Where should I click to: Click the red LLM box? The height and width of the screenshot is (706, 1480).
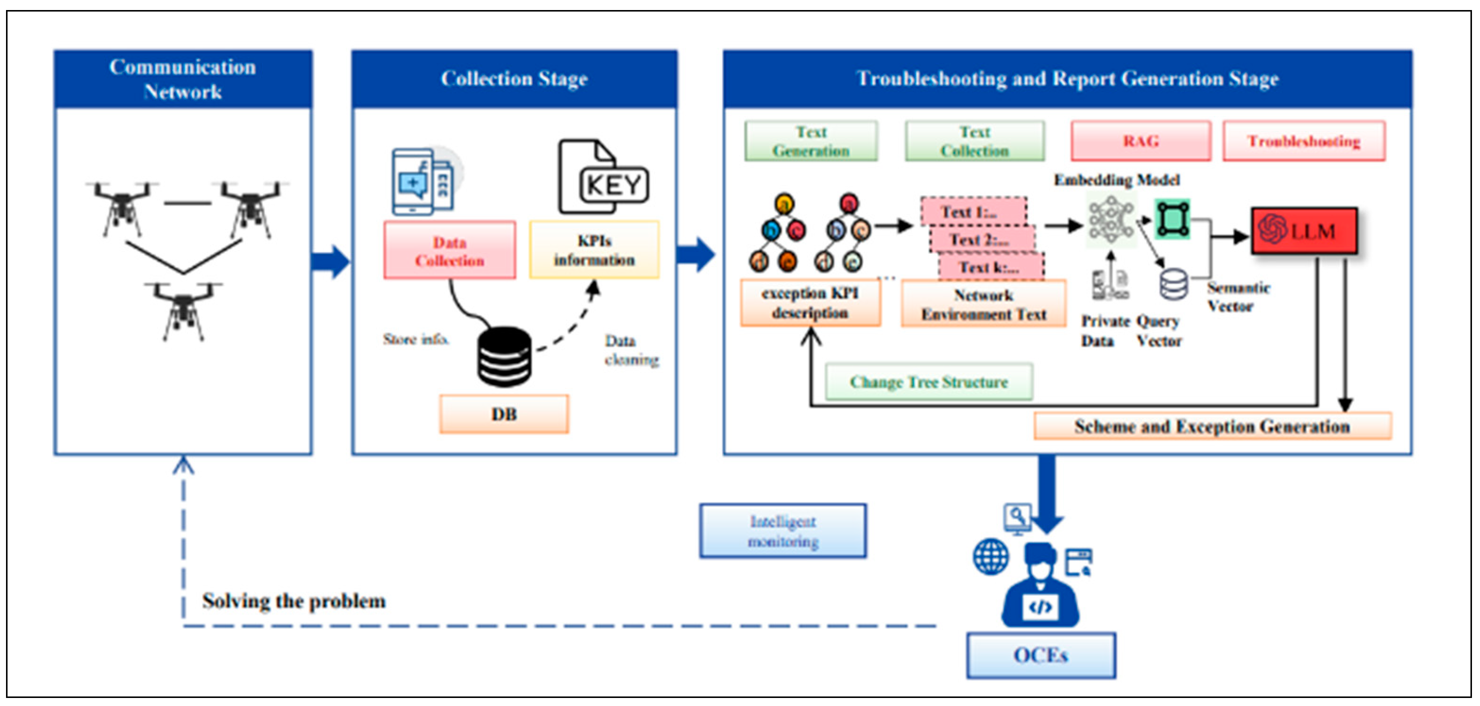[x=1304, y=231]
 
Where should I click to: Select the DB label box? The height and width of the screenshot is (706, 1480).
[x=504, y=413]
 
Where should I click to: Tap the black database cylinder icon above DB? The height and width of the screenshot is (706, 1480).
[x=504, y=356]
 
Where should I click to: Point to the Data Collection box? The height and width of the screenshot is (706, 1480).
[x=449, y=250]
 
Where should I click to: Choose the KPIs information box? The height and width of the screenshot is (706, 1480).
[x=594, y=250]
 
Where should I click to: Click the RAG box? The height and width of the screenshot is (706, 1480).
[x=1140, y=140]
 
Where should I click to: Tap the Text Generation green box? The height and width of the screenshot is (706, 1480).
[x=811, y=140]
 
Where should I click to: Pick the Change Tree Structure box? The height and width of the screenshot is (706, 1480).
[x=928, y=381]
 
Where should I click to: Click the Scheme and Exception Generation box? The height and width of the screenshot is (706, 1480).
[x=1213, y=426]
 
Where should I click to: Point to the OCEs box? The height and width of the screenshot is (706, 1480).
[x=1040, y=655]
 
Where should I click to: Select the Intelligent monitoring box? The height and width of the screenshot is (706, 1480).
[x=782, y=531]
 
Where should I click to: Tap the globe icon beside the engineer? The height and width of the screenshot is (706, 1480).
[x=991, y=556]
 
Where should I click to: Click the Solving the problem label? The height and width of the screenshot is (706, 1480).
[x=294, y=601]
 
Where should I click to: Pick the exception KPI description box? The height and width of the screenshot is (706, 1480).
[x=810, y=303]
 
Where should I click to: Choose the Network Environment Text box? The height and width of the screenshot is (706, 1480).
[x=983, y=304]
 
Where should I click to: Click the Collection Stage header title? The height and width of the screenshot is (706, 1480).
[x=514, y=79]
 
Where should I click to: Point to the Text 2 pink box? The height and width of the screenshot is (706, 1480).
[x=982, y=239]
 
